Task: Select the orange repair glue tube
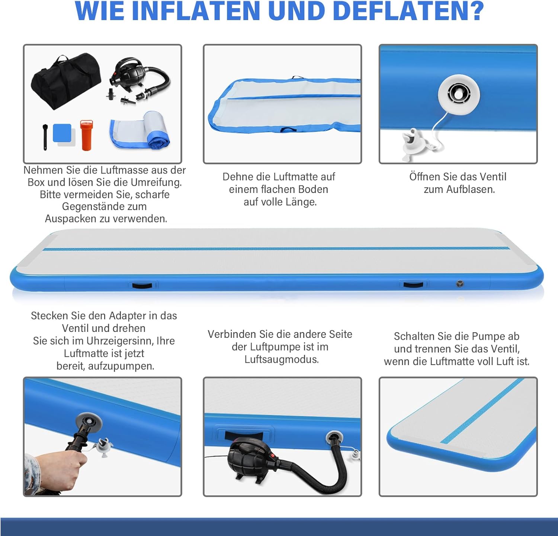86,135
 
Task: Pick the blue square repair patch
62,133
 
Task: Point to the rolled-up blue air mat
141,130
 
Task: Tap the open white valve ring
459,93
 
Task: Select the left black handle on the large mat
142,286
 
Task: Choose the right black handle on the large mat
413,285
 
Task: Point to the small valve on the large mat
460,284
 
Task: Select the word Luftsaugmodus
282,359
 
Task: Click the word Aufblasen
471,189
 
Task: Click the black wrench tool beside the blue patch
45,137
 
